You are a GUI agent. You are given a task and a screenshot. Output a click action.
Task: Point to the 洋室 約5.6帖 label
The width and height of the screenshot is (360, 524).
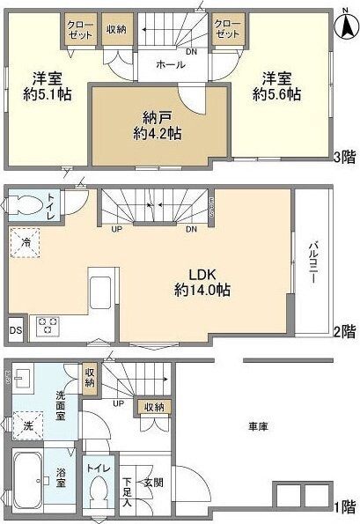[274, 85]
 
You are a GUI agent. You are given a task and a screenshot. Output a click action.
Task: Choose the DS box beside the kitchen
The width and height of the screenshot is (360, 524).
[15, 330]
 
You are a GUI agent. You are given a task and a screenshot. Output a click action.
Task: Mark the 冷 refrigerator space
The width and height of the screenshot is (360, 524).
[26, 242]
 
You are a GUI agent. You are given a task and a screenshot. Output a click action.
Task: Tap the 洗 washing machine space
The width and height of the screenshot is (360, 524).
[26, 424]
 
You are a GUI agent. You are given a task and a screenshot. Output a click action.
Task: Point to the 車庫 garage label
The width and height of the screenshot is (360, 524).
[258, 426]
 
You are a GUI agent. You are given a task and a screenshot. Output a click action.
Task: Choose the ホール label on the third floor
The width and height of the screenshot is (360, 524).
[169, 65]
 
